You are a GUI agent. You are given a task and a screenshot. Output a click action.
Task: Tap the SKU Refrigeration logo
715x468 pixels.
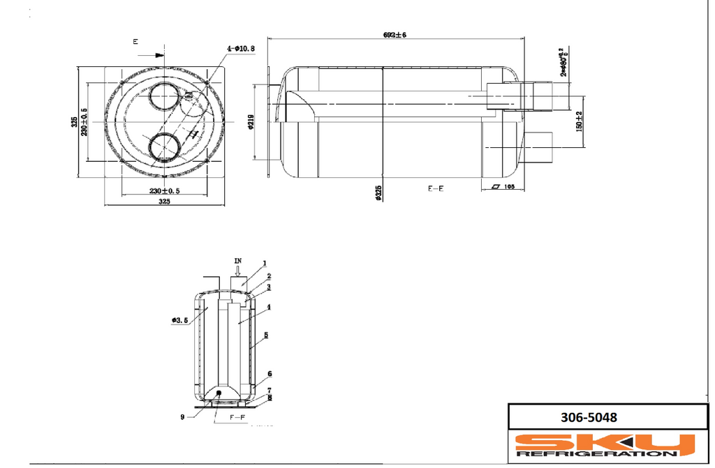pos(605,445)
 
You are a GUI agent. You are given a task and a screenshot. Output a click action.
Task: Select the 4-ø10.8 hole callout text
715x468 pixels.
pos(241,48)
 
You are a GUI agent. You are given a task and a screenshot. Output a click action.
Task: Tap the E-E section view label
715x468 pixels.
pos(436,188)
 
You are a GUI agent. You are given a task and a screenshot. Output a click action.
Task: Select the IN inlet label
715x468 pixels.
pos(238,260)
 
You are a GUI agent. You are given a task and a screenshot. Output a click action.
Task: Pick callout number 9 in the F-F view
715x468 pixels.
pos(182,417)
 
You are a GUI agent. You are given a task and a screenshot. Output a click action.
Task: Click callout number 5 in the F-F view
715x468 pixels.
pos(266,335)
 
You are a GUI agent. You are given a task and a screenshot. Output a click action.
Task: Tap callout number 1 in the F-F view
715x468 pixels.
pos(265,264)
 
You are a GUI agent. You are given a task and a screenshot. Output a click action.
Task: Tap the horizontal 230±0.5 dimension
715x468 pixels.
pos(164,190)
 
